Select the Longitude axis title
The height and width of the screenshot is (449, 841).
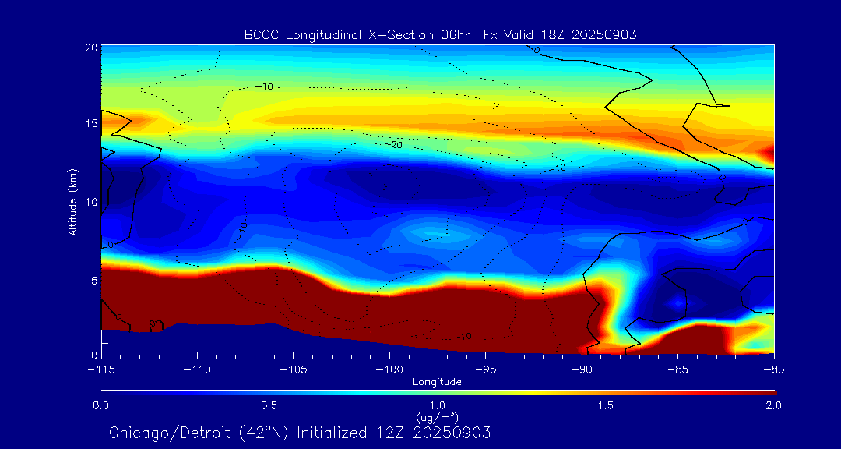(x=438, y=382)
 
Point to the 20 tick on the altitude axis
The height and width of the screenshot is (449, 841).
(x=90, y=48)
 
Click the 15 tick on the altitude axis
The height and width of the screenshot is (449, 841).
(x=90, y=124)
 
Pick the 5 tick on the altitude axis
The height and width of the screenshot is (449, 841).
(x=93, y=280)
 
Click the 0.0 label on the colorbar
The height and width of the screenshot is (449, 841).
(x=101, y=406)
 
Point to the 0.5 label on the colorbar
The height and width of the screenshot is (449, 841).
(x=269, y=406)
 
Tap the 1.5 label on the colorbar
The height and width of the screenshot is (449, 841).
(x=606, y=406)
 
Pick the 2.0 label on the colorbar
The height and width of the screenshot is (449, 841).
(x=773, y=406)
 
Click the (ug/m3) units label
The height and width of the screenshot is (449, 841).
(x=438, y=418)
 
